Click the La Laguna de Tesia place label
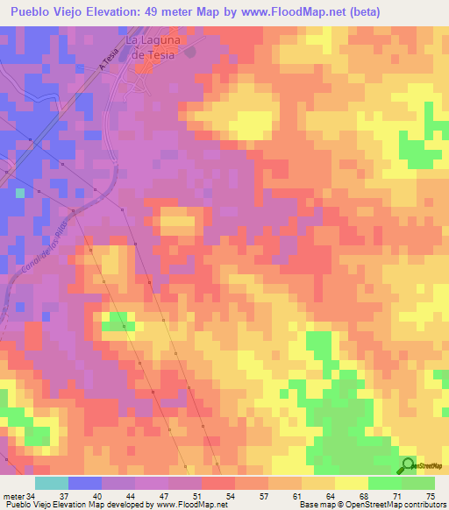[x=152, y=47]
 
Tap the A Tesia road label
[x=109, y=63]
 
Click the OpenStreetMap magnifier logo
[x=410, y=465]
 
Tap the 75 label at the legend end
[x=430, y=496]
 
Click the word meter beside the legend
[x=12, y=496]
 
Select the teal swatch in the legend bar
[x=52, y=483]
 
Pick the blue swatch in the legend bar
[x=85, y=483]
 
